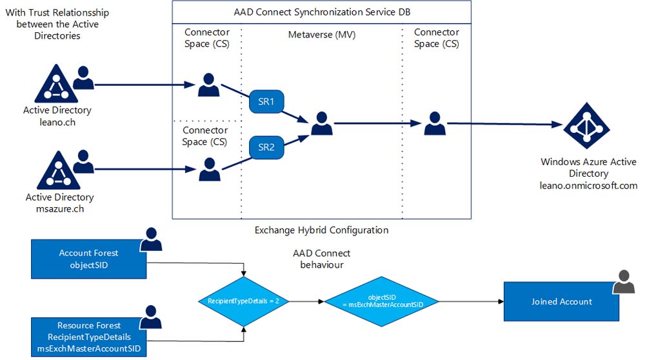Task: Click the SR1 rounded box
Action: [x=266, y=102]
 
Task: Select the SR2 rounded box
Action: [x=266, y=147]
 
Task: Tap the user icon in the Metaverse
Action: [x=322, y=123]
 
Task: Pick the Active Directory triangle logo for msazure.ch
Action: [x=59, y=170]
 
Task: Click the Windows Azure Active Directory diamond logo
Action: [x=586, y=126]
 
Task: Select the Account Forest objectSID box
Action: [x=89, y=259]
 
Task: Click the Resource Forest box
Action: [x=89, y=337]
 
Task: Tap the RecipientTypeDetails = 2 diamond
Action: [x=244, y=301]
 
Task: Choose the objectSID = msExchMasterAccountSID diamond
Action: [x=382, y=301]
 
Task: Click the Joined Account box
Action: [x=562, y=301]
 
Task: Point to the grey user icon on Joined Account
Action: [x=624, y=282]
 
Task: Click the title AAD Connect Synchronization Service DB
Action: [x=322, y=12]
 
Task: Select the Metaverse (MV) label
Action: [x=322, y=35]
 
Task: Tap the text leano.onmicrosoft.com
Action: [x=589, y=186]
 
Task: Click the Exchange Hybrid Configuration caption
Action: [x=322, y=230]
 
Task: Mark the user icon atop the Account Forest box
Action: [x=151, y=239]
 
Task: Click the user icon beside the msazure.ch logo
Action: [x=83, y=161]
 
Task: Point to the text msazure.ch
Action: [x=60, y=209]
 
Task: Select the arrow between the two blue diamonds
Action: [x=306, y=301]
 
